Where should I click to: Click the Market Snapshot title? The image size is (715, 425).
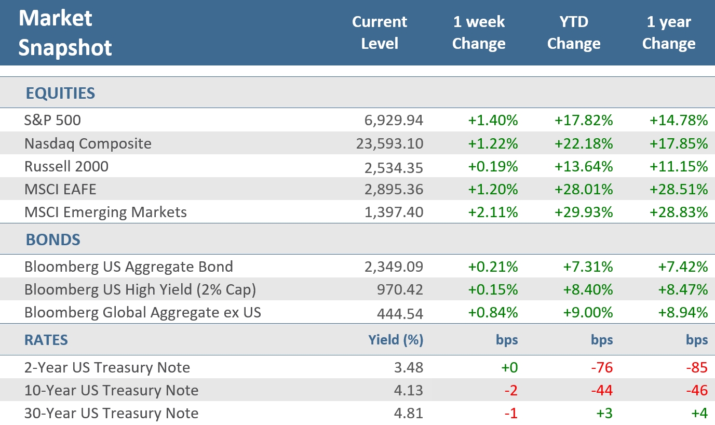(65, 33)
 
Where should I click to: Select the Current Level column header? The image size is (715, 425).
(379, 32)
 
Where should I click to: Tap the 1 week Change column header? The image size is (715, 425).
(478, 32)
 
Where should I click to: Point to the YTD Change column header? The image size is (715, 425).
(573, 32)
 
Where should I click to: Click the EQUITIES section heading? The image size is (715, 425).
(60, 94)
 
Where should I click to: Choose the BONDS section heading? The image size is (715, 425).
(52, 240)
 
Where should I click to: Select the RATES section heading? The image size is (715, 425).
(46, 340)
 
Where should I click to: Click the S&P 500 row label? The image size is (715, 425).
(52, 121)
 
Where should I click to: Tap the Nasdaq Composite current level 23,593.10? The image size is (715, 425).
(389, 143)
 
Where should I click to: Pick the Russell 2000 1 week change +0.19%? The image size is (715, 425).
(493, 166)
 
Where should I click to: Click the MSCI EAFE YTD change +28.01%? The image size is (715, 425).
(584, 189)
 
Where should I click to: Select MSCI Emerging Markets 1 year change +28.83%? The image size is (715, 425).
(679, 212)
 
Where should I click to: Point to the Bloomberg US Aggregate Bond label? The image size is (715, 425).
(128, 267)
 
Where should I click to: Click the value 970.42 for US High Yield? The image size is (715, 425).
(400, 289)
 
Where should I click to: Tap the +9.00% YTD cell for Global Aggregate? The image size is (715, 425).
(588, 312)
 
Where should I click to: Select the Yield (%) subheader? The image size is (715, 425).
(396, 340)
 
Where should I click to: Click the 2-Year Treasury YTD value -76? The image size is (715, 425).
(601, 367)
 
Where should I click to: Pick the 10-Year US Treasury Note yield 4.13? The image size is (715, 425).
(409, 390)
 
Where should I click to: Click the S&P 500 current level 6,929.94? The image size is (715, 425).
(394, 121)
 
